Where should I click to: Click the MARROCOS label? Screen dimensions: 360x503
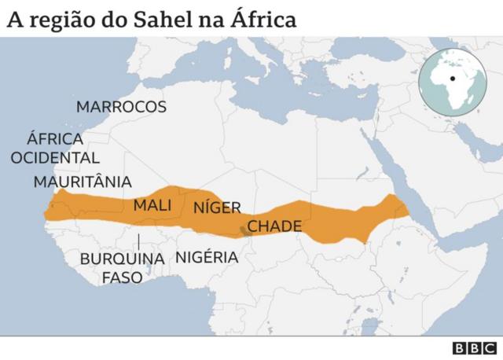point(121,107)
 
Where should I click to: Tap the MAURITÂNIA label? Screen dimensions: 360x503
point(83,182)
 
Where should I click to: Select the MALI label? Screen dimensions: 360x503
point(152,205)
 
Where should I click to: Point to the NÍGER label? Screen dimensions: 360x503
point(216,208)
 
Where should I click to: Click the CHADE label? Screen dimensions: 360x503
point(274,226)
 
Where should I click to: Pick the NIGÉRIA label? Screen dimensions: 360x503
point(207,257)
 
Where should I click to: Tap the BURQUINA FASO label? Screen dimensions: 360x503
point(123,267)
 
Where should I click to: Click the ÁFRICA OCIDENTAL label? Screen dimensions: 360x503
point(55,149)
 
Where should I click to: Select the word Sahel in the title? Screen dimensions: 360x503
point(159,20)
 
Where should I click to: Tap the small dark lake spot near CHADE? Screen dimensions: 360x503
point(243,230)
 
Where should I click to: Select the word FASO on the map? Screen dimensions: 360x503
point(123,277)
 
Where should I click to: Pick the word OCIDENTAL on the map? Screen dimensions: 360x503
point(55,158)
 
